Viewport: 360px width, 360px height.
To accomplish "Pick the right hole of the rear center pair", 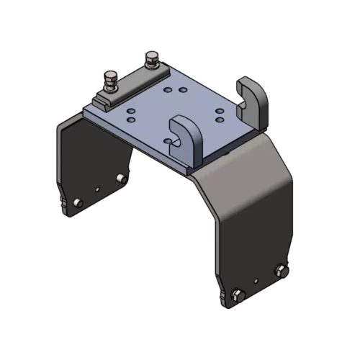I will click(x=183, y=91).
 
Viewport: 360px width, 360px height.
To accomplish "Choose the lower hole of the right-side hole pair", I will click(x=218, y=120).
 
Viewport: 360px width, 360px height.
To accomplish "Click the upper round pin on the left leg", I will click(x=120, y=178).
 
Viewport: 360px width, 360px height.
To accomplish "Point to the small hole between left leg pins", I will click(x=97, y=190).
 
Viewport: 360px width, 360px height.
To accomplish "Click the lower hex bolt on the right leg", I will click(x=236, y=294).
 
